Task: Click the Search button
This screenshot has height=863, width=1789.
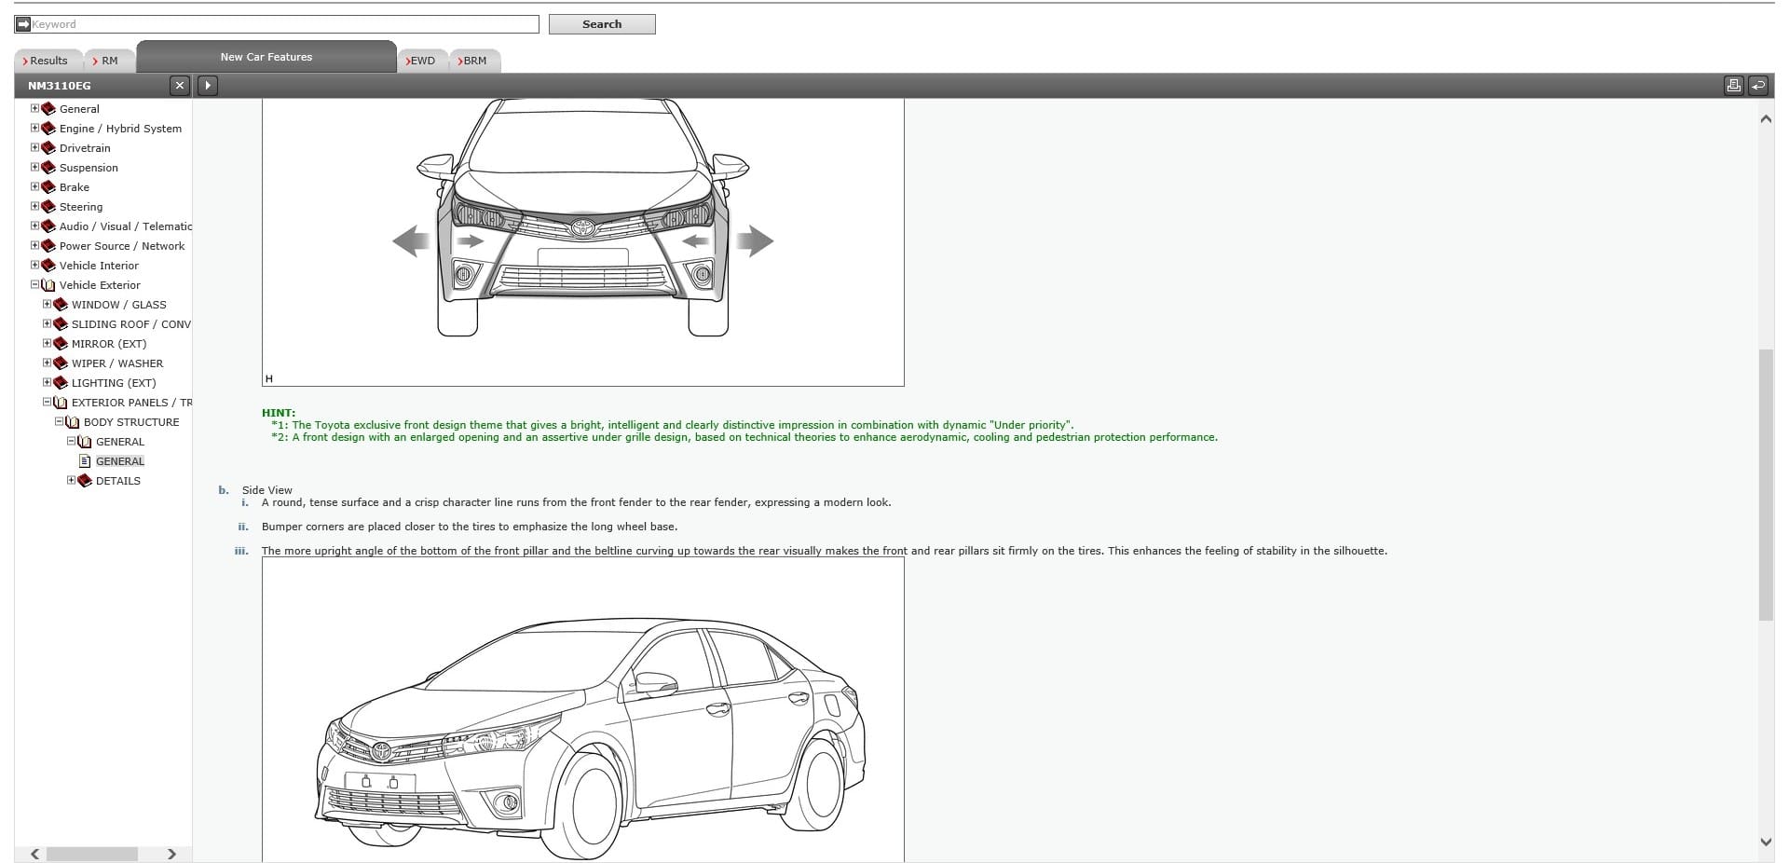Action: [x=601, y=24]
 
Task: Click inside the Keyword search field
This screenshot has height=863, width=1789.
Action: [x=280, y=24]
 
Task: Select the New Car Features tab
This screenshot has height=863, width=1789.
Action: [x=266, y=57]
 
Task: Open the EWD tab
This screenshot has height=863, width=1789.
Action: [x=421, y=61]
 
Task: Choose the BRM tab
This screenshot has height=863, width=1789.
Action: [x=473, y=61]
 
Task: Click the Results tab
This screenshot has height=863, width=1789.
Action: [x=48, y=61]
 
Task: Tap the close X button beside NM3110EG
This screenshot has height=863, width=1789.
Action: [x=180, y=86]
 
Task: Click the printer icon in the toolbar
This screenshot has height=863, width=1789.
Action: [x=1733, y=86]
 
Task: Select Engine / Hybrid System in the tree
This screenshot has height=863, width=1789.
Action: [x=120, y=129]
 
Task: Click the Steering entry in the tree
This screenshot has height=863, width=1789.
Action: [x=81, y=207]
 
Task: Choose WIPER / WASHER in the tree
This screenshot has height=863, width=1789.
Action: [x=117, y=363]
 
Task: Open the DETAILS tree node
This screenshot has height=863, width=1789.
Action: [x=118, y=481]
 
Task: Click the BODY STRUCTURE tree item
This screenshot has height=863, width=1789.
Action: [x=131, y=422]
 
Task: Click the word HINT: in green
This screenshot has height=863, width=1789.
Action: [x=279, y=413]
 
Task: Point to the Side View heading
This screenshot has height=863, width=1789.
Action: [x=267, y=490]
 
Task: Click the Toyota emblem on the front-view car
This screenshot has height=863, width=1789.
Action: [x=583, y=227]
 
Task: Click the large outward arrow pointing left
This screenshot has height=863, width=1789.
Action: [x=409, y=241]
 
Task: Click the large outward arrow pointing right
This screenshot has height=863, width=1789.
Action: [x=756, y=241]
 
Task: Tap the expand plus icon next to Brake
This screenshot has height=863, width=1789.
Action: [x=35, y=187]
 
